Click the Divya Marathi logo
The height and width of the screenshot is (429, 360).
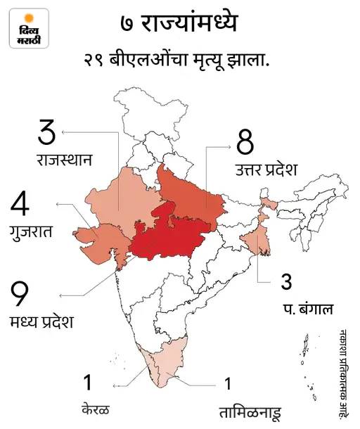[30, 28]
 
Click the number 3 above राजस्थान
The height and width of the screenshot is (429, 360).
[47, 134]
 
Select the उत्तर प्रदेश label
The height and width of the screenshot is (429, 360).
[267, 169]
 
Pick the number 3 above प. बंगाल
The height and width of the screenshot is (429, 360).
[286, 282]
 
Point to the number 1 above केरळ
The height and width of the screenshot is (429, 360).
[87, 383]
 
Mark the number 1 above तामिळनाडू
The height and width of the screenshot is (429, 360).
[227, 384]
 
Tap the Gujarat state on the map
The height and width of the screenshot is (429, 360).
[98, 239]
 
